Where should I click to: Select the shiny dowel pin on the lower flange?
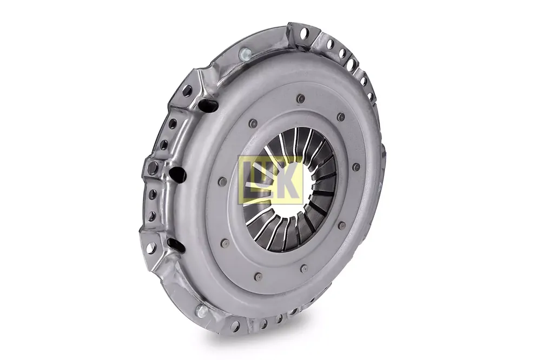pos(201,311)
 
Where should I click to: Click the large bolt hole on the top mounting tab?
pos(304,33)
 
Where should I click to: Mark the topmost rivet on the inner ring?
pos(300,99)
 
